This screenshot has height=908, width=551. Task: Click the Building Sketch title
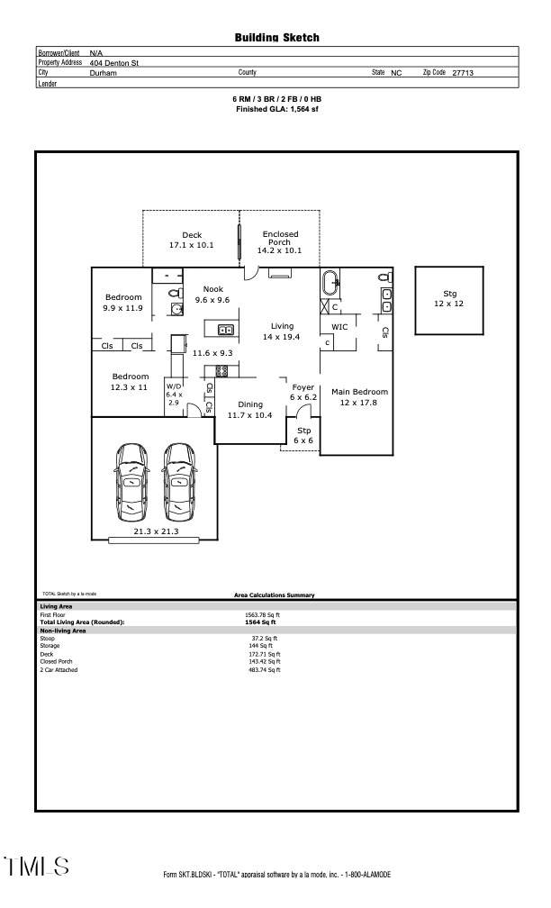pyautogui.click(x=276, y=38)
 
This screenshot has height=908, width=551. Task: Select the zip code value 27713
pyautogui.click(x=464, y=73)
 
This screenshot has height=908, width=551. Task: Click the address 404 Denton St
pyautogui.click(x=114, y=63)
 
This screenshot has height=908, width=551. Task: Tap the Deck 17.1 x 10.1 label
pyautogui.click(x=191, y=240)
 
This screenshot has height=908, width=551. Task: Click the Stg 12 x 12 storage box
pyautogui.click(x=449, y=299)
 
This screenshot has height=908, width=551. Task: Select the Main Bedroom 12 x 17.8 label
pyautogui.click(x=359, y=397)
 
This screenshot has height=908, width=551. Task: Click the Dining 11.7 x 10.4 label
pyautogui.click(x=249, y=410)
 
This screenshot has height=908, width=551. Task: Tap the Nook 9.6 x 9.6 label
pyautogui.click(x=212, y=295)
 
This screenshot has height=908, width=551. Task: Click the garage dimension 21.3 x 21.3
pyautogui.click(x=156, y=531)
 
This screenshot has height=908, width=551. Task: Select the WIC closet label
pyautogui.click(x=339, y=327)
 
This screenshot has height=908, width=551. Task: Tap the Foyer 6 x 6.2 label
pyautogui.click(x=303, y=392)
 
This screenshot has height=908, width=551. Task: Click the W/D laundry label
pyautogui.click(x=174, y=394)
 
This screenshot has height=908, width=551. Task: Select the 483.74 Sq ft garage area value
pyautogui.click(x=265, y=669)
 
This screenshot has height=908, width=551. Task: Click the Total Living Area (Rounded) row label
pyautogui.click(x=82, y=622)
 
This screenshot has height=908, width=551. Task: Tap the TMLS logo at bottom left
pyautogui.click(x=37, y=867)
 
